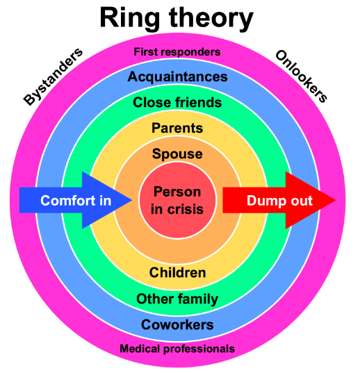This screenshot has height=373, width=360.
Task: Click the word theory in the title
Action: pos(211,19)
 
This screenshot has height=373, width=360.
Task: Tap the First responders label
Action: pos(177,52)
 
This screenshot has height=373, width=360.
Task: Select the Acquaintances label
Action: pos(177,77)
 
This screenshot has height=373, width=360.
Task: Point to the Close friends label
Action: pos(177,102)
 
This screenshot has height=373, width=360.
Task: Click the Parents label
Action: pos(177,128)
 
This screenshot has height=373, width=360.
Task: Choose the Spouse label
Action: pos(177,154)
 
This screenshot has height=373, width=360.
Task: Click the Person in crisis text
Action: pos(177,200)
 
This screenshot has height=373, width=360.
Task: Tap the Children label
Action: pos(177,272)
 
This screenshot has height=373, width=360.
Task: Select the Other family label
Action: pos(177,299)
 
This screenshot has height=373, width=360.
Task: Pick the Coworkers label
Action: pos(177,324)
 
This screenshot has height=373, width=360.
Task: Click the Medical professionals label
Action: pos(177,349)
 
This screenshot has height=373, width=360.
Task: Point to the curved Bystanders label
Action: pos(54,76)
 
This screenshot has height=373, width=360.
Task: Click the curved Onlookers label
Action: pos(301,76)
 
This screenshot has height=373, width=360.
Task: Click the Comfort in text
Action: pos(76,201)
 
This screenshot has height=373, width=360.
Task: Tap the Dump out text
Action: pos(279,201)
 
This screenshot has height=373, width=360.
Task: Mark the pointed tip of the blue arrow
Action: pos(132,200)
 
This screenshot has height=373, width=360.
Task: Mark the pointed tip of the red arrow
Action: pos(336,200)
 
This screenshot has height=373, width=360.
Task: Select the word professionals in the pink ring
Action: pos(199,349)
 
